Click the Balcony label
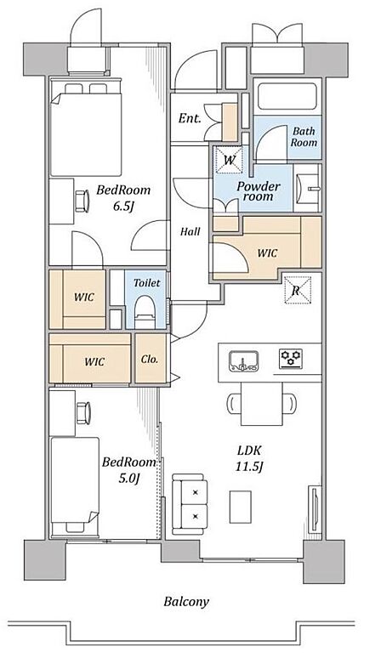click(x=186, y=602)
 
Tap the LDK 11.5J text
click(x=249, y=458)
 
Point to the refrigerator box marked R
click(x=297, y=290)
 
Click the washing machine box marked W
click(x=229, y=159)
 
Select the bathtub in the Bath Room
click(x=287, y=96)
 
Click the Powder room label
click(x=258, y=191)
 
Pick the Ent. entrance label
click(x=190, y=118)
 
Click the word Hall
click(x=190, y=231)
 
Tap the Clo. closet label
click(x=150, y=360)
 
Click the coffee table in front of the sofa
click(x=241, y=507)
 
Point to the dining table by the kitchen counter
click(x=261, y=403)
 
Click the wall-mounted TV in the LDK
click(x=314, y=509)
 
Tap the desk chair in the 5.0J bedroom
click(x=83, y=413)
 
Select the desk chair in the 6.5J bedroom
click(x=82, y=201)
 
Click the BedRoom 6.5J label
click(x=123, y=198)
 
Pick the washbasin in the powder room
click(x=307, y=188)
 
